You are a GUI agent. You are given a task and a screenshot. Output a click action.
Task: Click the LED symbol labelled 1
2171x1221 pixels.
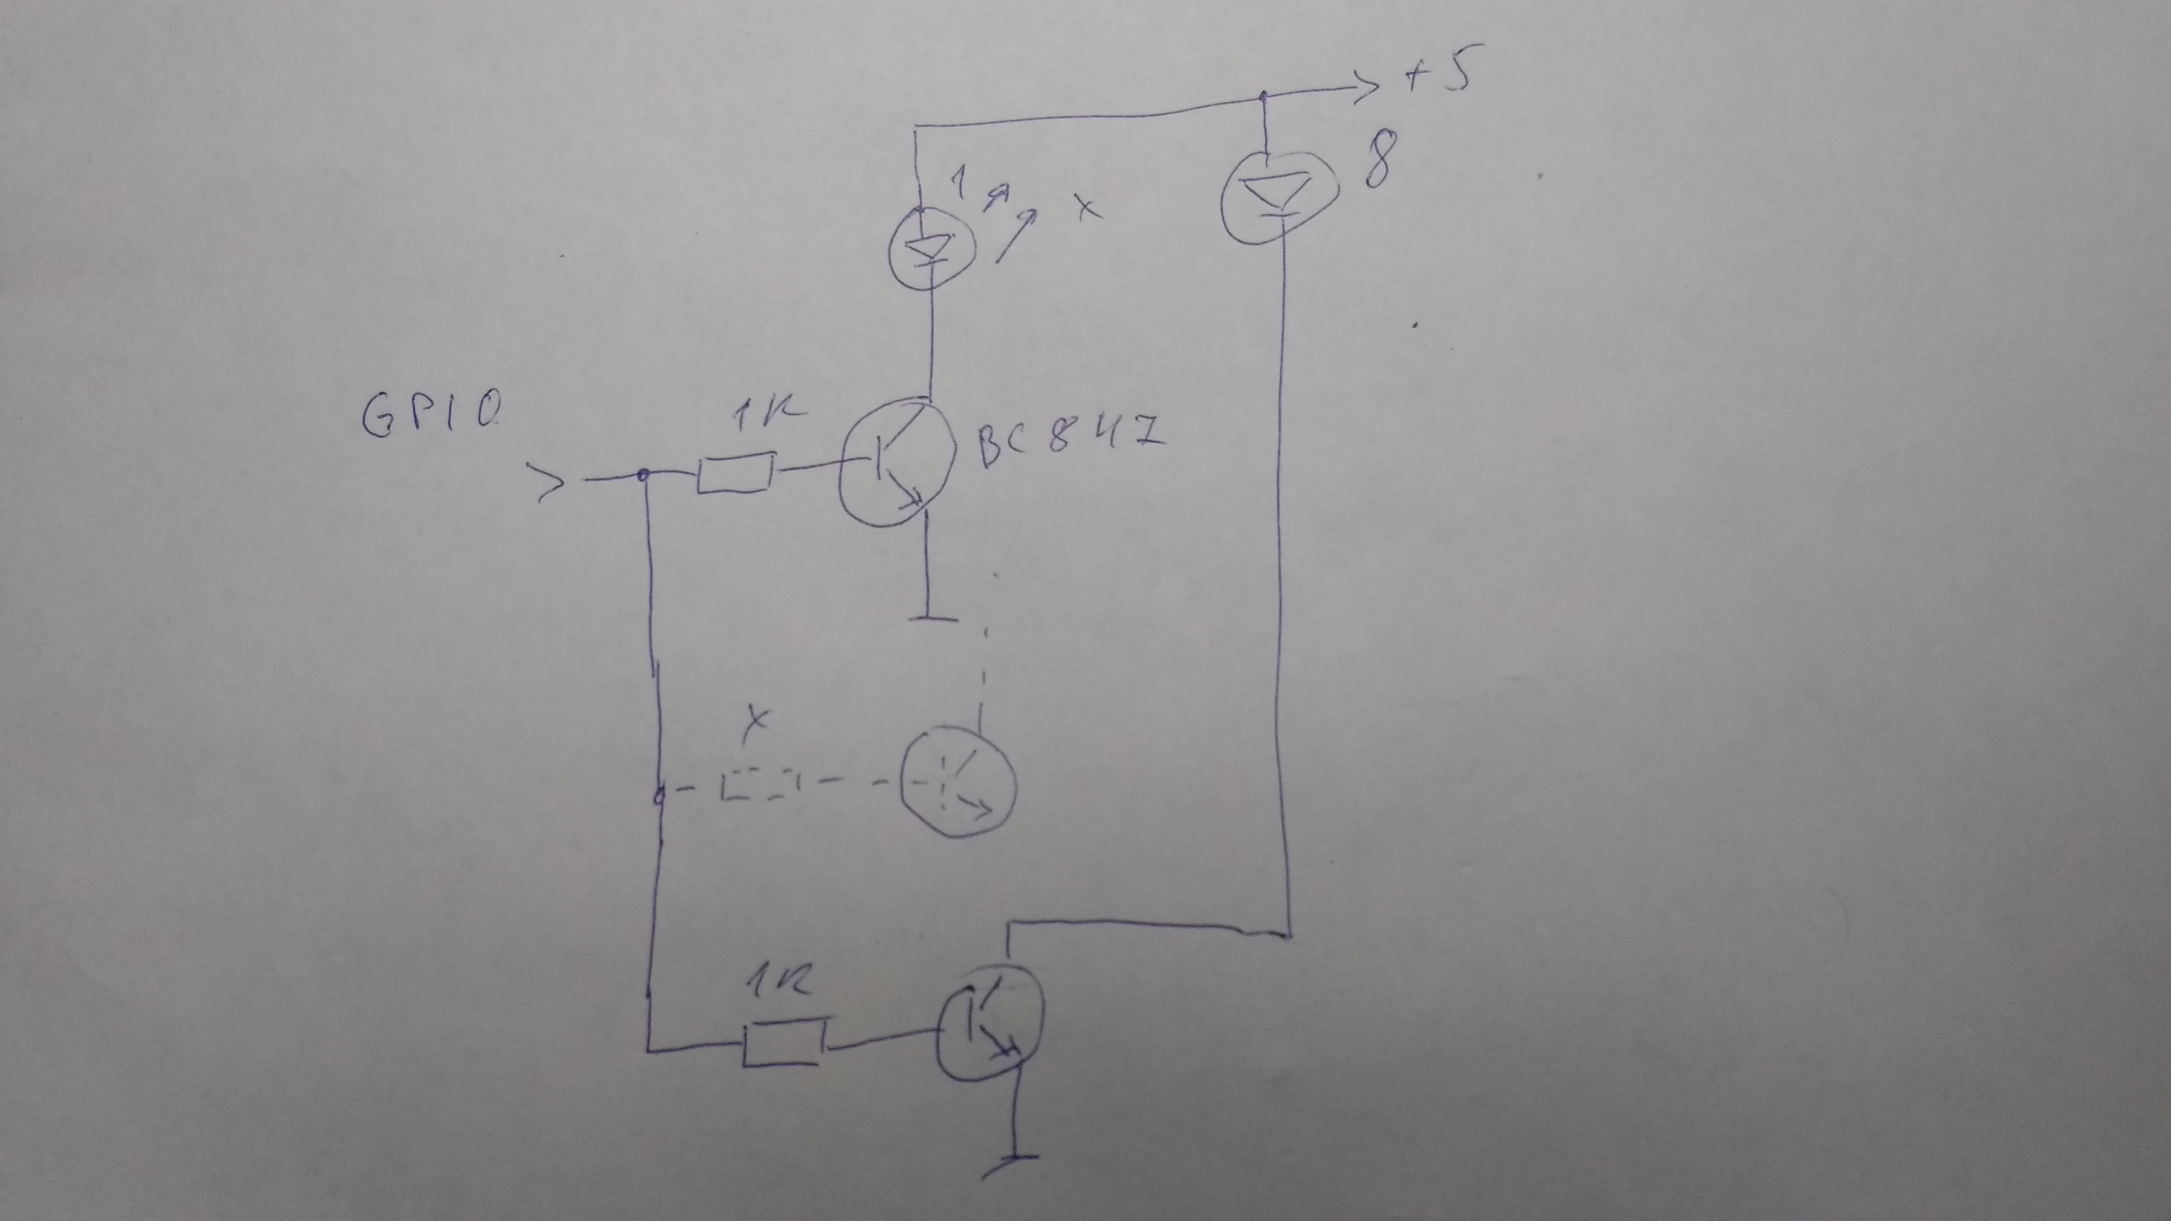931,248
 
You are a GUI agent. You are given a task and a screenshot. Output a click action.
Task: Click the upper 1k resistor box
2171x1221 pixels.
735,474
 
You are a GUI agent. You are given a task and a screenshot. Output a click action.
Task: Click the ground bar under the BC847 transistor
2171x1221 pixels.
933,618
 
